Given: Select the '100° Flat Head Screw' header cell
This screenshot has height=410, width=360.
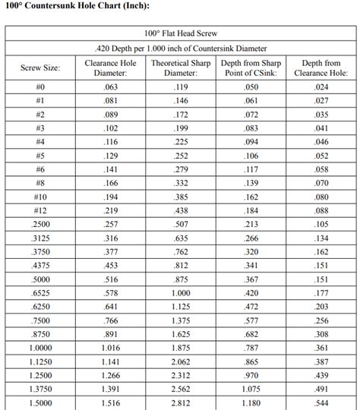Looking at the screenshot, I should (181, 33).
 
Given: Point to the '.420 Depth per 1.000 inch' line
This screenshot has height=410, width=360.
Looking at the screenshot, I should (181, 48).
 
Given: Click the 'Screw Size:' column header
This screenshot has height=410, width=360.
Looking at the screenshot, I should (40, 68).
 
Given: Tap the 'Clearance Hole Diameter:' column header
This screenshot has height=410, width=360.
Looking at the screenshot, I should (110, 68).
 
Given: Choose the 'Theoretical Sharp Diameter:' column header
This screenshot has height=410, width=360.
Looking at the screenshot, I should (181, 68).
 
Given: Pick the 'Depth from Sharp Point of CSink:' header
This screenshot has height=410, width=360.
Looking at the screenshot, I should (251, 68).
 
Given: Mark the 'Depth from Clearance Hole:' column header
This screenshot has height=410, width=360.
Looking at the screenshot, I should (321, 68).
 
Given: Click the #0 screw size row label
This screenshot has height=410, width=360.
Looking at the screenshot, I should (40, 87).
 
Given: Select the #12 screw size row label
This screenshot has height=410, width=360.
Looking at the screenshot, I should (40, 210).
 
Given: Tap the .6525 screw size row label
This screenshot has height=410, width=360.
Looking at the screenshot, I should (40, 292).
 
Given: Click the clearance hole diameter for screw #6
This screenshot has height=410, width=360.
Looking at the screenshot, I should (110, 169).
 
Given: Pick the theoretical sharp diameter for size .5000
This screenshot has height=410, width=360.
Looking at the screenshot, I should (181, 279).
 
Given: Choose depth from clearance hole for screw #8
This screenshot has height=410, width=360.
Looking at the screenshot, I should (321, 183).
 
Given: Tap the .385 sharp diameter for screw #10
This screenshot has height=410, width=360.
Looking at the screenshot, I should (181, 197).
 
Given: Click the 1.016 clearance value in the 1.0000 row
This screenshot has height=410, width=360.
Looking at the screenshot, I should (110, 347).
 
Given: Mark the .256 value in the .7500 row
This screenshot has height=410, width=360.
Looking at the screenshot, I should (321, 320).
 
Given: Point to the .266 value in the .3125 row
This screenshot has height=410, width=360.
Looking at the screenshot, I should (251, 238).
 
